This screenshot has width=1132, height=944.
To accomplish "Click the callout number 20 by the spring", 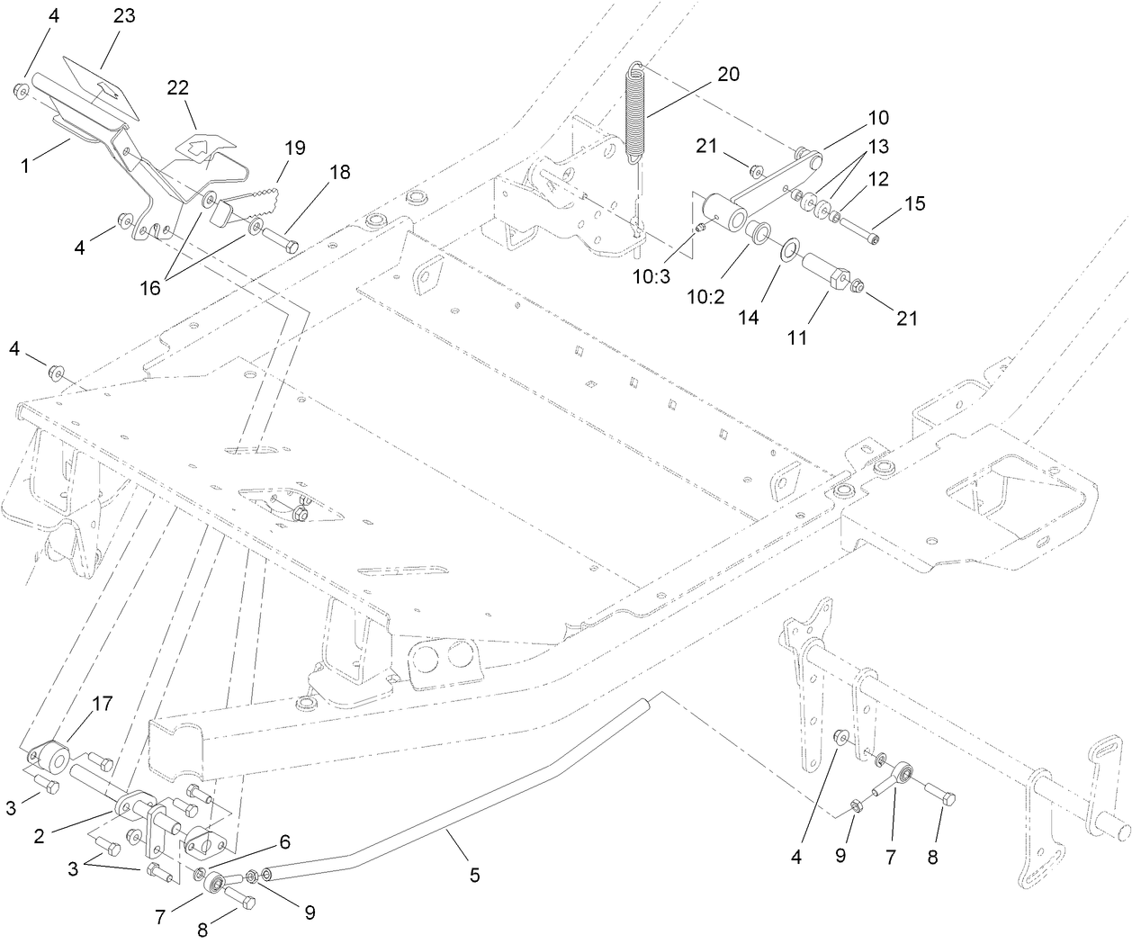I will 728,74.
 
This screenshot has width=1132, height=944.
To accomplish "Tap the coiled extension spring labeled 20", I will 637,112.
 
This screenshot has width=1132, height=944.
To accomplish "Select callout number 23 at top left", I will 124,16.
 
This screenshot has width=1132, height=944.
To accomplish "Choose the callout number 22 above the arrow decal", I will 178,87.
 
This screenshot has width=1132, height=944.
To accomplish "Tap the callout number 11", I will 797,338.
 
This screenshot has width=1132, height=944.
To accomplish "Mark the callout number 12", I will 878,179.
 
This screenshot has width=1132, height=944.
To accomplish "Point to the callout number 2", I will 39,836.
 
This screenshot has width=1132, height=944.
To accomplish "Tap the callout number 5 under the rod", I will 474,874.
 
